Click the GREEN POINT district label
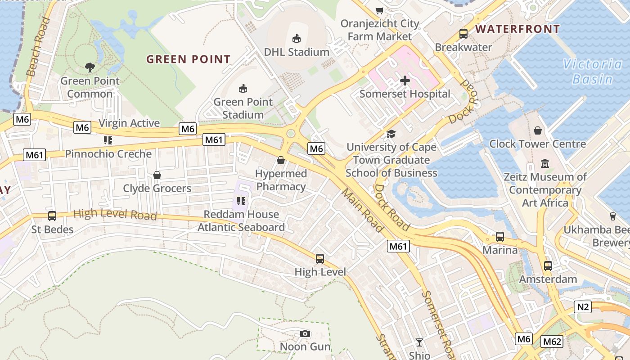point(189,59)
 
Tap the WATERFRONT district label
point(517,29)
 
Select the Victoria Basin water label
point(593,72)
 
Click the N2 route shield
point(583,307)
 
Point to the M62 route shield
point(552,342)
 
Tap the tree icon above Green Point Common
point(90,67)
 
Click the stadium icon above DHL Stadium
point(297,39)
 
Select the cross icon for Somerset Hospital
point(405,81)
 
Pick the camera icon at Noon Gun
point(305,333)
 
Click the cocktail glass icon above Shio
point(419,342)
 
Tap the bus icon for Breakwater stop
point(463,33)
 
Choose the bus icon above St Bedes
point(52,216)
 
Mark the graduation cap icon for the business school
point(391,134)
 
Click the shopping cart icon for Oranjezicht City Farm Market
point(380,10)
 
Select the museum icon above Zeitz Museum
point(545,163)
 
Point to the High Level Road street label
point(115,214)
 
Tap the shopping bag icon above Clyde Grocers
point(157,175)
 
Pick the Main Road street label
point(362,210)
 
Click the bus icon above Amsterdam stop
point(548,265)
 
